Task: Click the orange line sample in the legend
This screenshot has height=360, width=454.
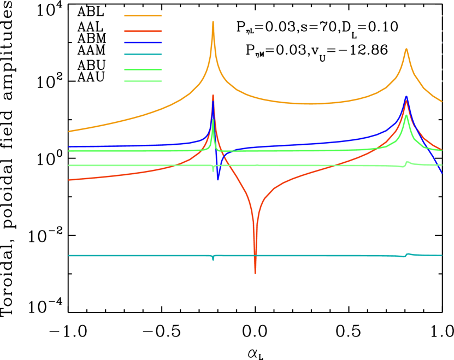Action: click(143, 16)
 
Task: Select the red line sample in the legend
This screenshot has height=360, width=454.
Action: click(143, 31)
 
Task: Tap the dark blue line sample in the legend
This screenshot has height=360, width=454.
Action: click(143, 43)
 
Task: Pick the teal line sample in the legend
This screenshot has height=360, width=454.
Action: click(143, 54)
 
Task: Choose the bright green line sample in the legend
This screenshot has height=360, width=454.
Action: click(143, 69)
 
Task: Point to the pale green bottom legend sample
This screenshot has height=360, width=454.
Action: click(143, 81)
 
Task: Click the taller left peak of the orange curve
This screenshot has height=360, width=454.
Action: click(213, 22)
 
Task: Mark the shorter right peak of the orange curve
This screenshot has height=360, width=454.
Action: click(406, 49)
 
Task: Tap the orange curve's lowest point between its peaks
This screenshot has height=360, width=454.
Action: click(311, 104)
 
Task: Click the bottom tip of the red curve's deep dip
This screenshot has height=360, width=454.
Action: click(255, 273)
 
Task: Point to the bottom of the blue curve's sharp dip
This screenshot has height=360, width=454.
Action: click(218, 180)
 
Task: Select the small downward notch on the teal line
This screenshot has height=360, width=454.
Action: click(213, 260)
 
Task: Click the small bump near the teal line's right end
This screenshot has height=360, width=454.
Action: click(408, 253)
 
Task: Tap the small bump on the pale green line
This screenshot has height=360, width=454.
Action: click(406, 161)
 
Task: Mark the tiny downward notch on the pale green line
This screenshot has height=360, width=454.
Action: click(213, 171)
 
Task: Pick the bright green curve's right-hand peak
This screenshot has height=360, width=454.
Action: click(406, 115)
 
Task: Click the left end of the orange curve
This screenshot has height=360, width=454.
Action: click(69, 131)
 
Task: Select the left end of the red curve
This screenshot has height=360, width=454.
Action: click(69, 180)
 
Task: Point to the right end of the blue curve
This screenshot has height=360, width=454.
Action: click(441, 173)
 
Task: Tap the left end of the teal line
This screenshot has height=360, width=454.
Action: click(69, 256)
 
